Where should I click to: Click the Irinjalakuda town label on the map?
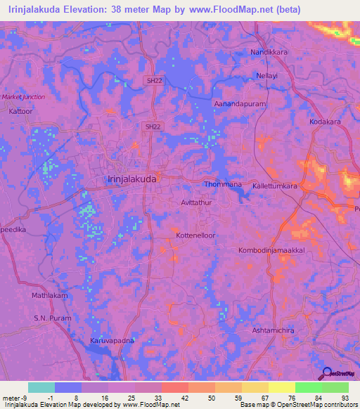(x=132, y=179)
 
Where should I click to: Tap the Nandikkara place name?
(x=271, y=53)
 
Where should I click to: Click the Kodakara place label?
(x=325, y=122)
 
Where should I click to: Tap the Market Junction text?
(x=22, y=97)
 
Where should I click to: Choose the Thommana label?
(x=223, y=184)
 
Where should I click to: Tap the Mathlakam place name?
(x=49, y=296)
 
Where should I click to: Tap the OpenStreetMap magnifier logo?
(x=326, y=374)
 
